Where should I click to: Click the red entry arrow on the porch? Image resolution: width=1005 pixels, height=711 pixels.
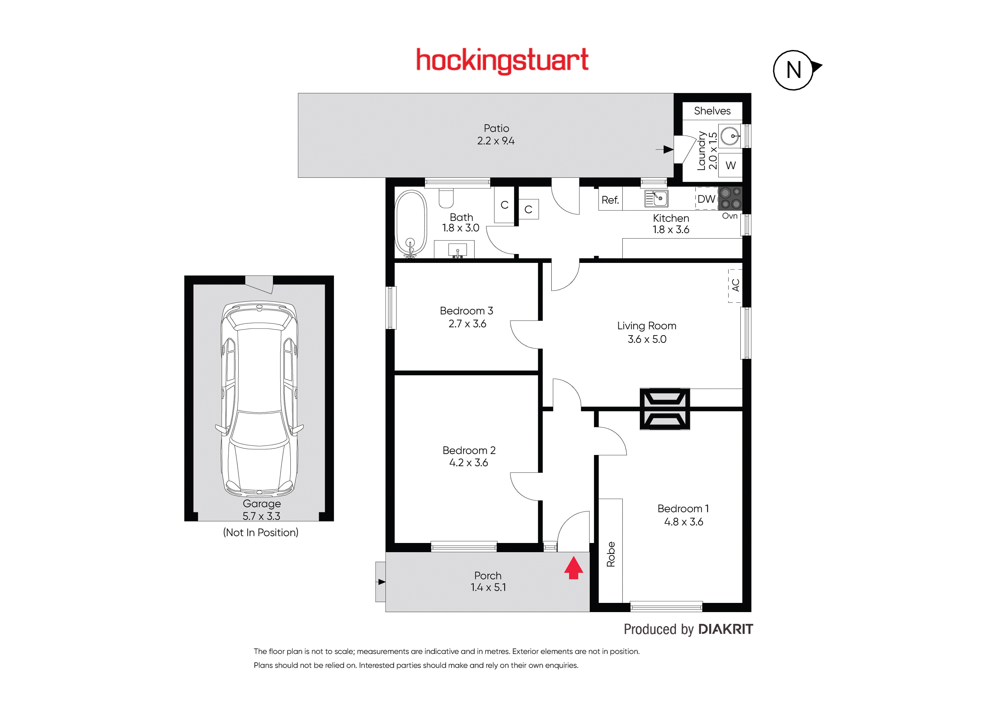[574, 567]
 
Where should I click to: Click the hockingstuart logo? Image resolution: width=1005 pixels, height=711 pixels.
[502, 61]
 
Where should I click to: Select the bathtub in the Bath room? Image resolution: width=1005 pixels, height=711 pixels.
[411, 223]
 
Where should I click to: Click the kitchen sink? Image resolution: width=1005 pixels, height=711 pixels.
[656, 198]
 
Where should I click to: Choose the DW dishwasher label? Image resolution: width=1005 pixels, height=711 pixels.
[706, 199]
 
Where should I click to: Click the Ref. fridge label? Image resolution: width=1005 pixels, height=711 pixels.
[610, 200]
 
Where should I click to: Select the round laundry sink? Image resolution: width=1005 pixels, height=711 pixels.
[730, 136]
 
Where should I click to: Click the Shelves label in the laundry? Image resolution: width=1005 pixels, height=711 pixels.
[712, 111]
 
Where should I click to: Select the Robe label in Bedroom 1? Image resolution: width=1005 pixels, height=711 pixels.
[611, 554]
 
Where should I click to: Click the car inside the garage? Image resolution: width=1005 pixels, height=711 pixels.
[260, 399]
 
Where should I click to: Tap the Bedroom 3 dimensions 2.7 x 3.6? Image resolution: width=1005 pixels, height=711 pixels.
[467, 324]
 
